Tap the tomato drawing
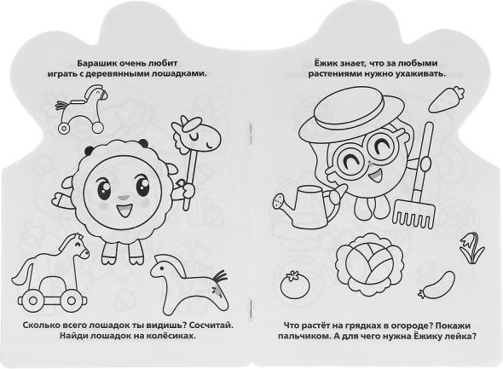coord(295,285)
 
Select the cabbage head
coord(369,268)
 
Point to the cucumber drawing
coord(437,285)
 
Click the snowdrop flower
coord(472,247)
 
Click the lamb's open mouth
coord(124,210)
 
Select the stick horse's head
coord(196,135)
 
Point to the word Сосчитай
coord(211,325)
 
